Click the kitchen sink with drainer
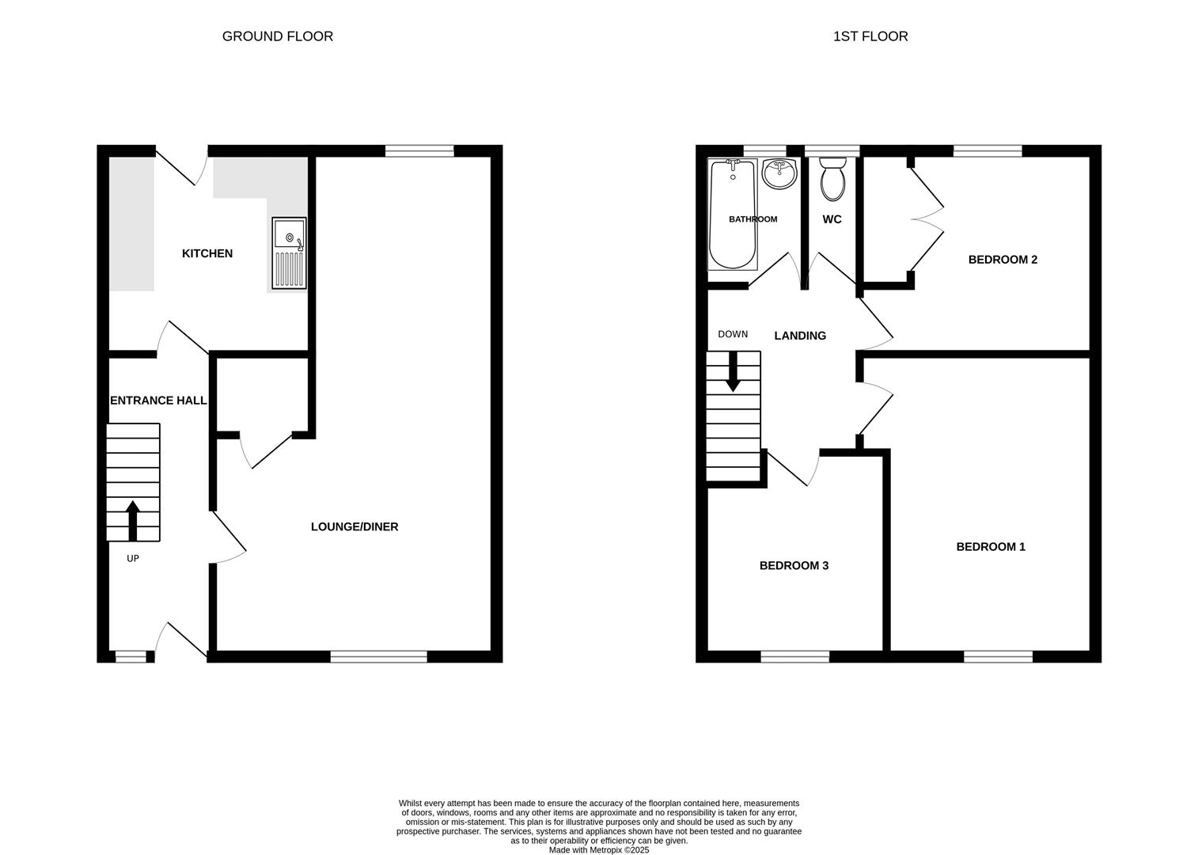pyautogui.click(x=289, y=253)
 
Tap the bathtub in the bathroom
pyautogui.click(x=733, y=214)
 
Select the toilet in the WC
pyautogui.click(x=832, y=179)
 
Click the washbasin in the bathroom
pyautogui.click(x=779, y=174)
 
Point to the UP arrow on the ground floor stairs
pyautogui.click(x=133, y=520)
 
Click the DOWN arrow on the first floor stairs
pyautogui.click(x=733, y=371)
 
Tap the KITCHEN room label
pyautogui.click(x=207, y=253)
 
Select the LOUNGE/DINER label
pyautogui.click(x=354, y=526)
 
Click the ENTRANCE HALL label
pyautogui.click(x=158, y=401)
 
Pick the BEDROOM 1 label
pyautogui.click(x=991, y=546)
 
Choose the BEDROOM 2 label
pyautogui.click(x=1003, y=260)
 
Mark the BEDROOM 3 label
pyautogui.click(x=794, y=565)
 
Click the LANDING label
pyautogui.click(x=800, y=336)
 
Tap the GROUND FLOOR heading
pyautogui.click(x=278, y=36)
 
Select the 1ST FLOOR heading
pyautogui.click(x=870, y=36)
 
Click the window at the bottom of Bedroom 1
pyautogui.click(x=998, y=656)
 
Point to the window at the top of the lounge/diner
pyautogui.click(x=419, y=151)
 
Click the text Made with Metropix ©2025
pyautogui.click(x=599, y=850)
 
